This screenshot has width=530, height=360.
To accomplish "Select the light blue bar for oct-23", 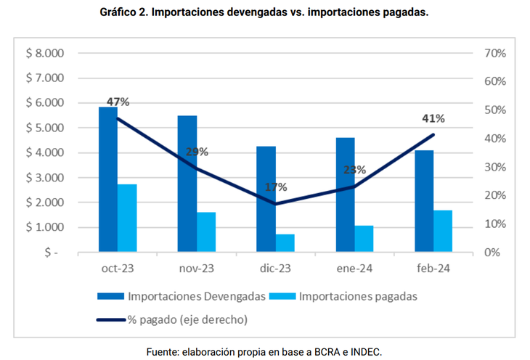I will tap(127, 218).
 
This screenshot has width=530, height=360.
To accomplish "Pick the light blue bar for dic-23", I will tap(285, 243).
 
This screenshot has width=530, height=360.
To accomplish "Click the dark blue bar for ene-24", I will tap(346, 195).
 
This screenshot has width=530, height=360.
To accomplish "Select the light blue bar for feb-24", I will tap(443, 232).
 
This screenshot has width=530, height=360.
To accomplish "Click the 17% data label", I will tap(275, 187).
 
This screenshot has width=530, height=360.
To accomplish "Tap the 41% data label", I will tap(433, 118).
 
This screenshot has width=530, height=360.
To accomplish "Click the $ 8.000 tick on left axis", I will tap(45, 54).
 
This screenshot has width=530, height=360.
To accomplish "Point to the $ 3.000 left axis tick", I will tap(45, 178).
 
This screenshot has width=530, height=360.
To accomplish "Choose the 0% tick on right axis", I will tap(493, 253).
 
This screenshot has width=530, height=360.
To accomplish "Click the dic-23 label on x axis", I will tap(274, 269).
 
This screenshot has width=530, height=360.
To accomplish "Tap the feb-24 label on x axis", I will tap(433, 269).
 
